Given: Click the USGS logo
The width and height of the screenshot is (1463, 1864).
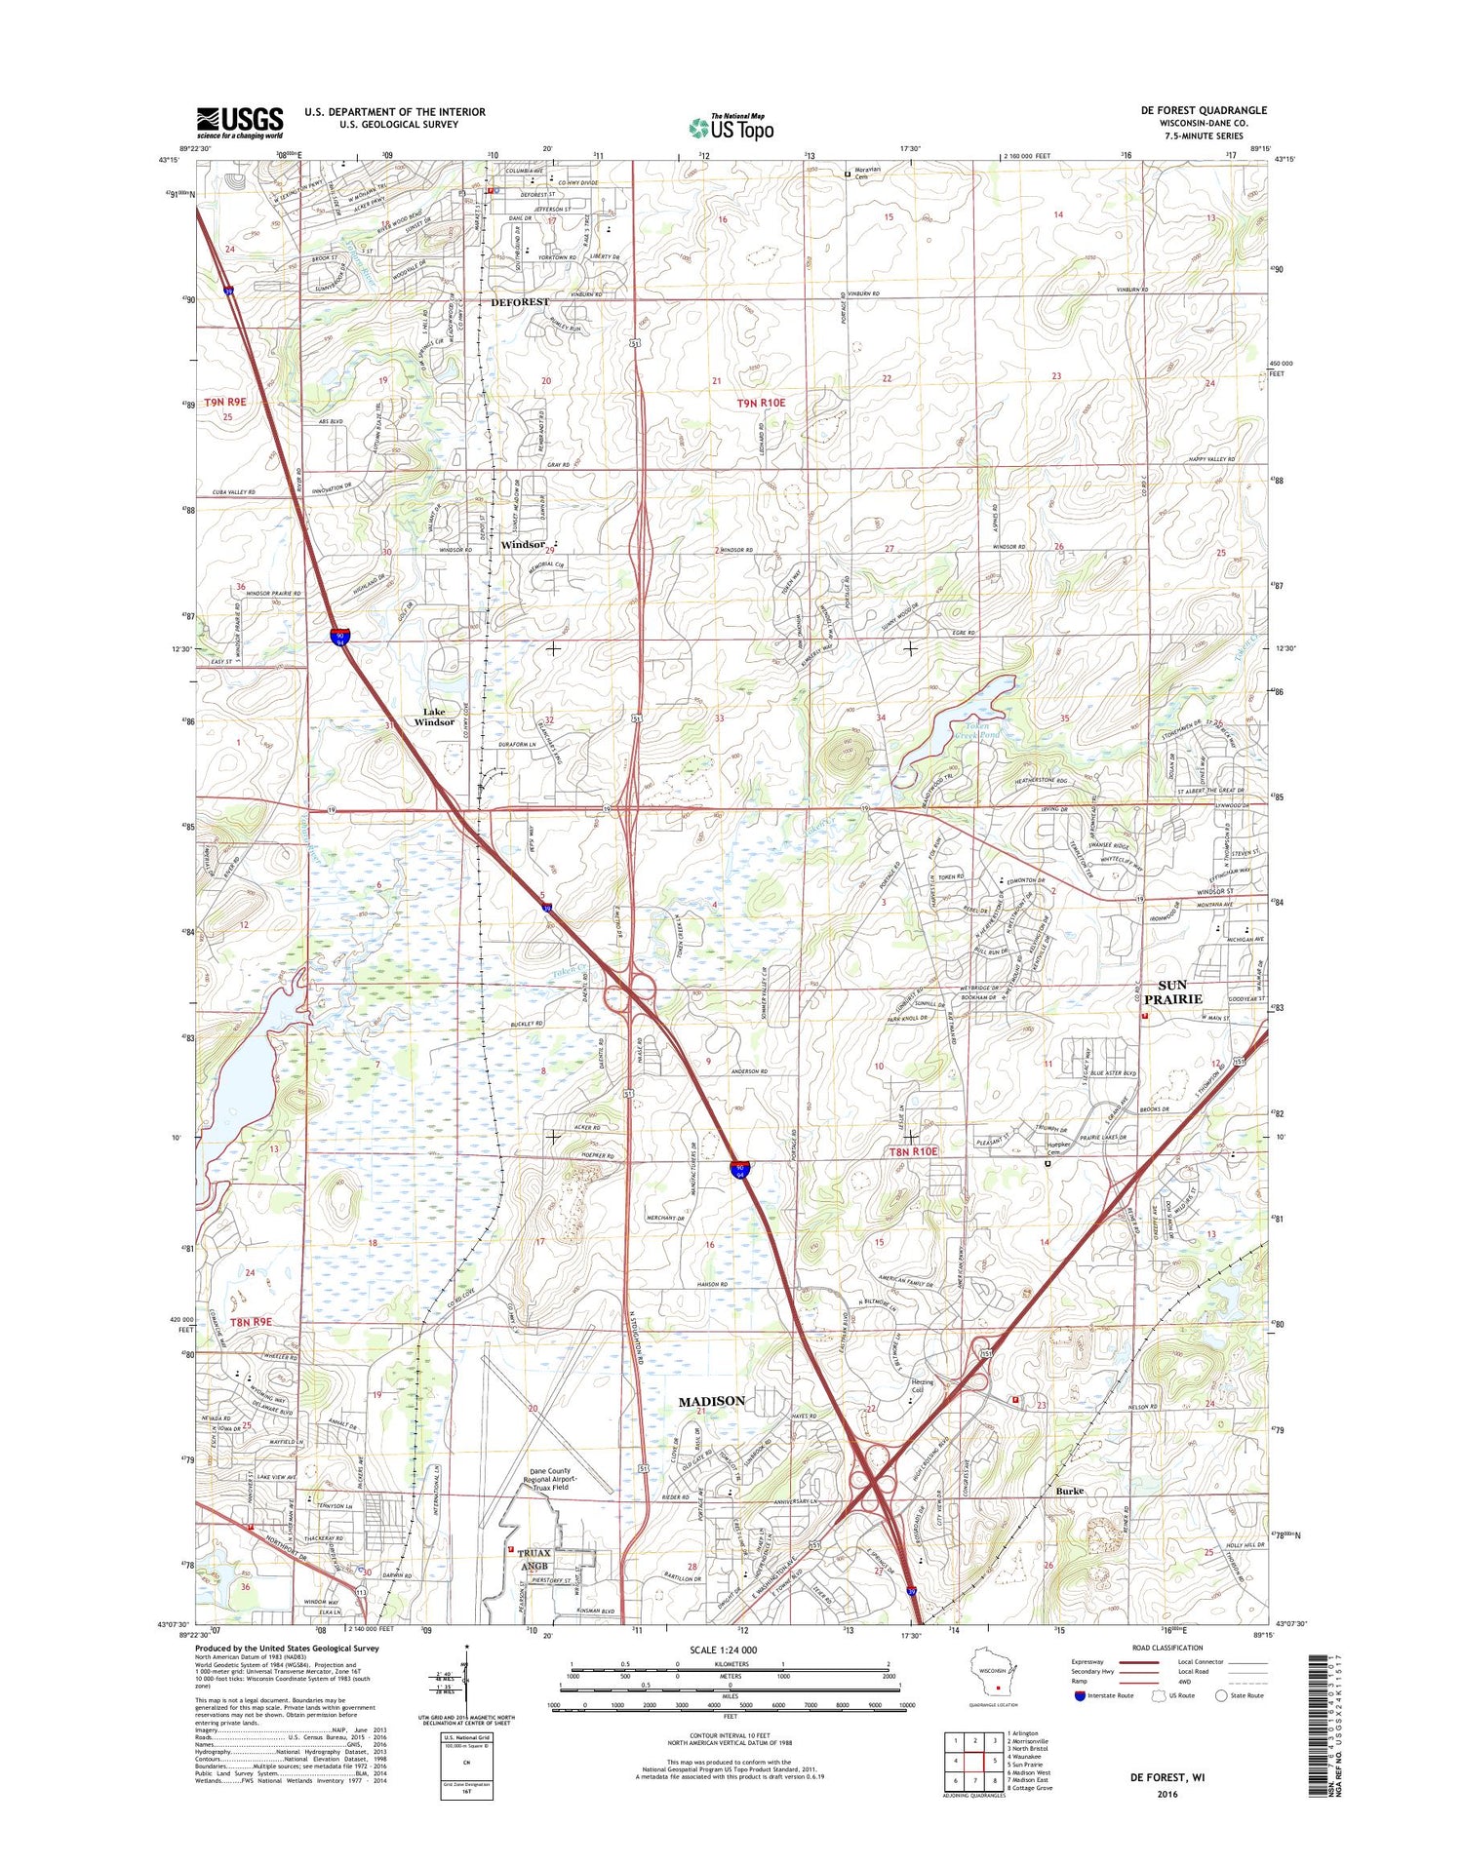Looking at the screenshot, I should (240, 123).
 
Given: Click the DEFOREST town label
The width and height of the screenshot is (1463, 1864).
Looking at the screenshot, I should (520, 302).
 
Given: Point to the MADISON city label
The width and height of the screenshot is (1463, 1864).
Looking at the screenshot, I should (711, 1401).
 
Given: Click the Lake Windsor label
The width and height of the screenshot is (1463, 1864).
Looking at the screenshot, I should (434, 717).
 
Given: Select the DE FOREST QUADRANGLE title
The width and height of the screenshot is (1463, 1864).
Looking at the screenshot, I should (1204, 110).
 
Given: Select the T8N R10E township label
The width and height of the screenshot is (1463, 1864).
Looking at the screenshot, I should (912, 1151).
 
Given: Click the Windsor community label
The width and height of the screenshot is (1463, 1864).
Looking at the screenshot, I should (523, 545).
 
